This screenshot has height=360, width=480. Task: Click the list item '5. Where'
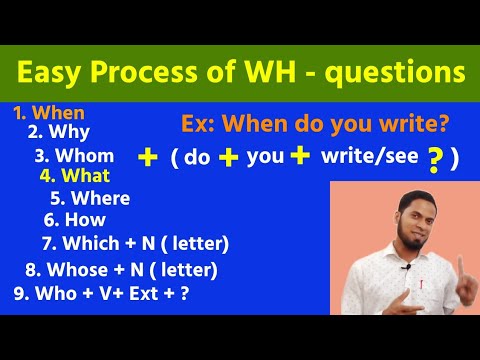point(89,197)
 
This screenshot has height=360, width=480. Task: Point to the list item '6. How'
point(75,218)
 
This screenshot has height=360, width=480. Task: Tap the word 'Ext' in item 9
point(148,294)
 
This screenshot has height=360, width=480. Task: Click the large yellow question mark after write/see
point(434,160)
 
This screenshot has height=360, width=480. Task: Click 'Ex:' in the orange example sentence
point(199,124)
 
